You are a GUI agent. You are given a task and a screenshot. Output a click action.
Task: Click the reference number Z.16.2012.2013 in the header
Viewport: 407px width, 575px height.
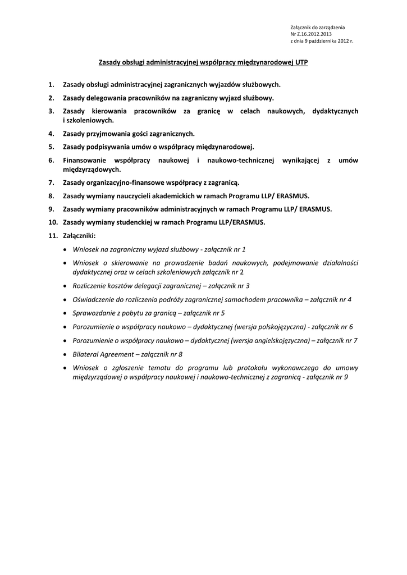tap(314, 34)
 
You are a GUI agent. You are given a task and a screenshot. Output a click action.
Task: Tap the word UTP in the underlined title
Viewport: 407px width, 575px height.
tap(301, 63)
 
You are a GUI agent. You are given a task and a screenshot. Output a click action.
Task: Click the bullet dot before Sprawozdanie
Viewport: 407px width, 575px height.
tap(66, 313)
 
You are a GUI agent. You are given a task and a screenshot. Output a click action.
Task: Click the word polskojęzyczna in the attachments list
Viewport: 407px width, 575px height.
tap(276, 326)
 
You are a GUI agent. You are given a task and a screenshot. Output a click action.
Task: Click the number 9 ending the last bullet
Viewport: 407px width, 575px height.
tap(346, 377)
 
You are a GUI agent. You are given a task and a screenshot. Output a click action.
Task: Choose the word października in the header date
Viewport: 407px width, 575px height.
tap(324, 41)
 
